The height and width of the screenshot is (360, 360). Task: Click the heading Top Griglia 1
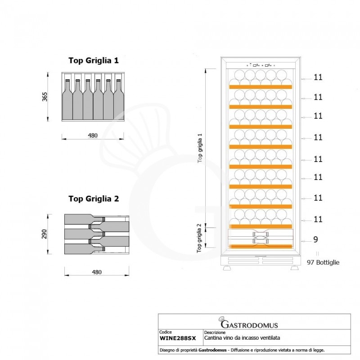point(93,60)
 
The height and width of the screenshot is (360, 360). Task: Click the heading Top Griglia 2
point(93,198)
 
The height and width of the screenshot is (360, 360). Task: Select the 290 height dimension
point(45,235)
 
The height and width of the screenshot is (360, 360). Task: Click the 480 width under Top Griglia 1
point(93,135)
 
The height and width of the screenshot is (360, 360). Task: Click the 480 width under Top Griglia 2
point(96,272)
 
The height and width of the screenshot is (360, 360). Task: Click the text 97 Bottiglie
point(323,262)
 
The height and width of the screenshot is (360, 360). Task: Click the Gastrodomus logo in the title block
point(248,324)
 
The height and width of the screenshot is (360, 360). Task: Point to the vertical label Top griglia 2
point(199,238)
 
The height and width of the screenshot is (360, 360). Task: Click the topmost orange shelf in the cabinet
point(261,86)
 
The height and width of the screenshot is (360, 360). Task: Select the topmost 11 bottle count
point(318,77)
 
